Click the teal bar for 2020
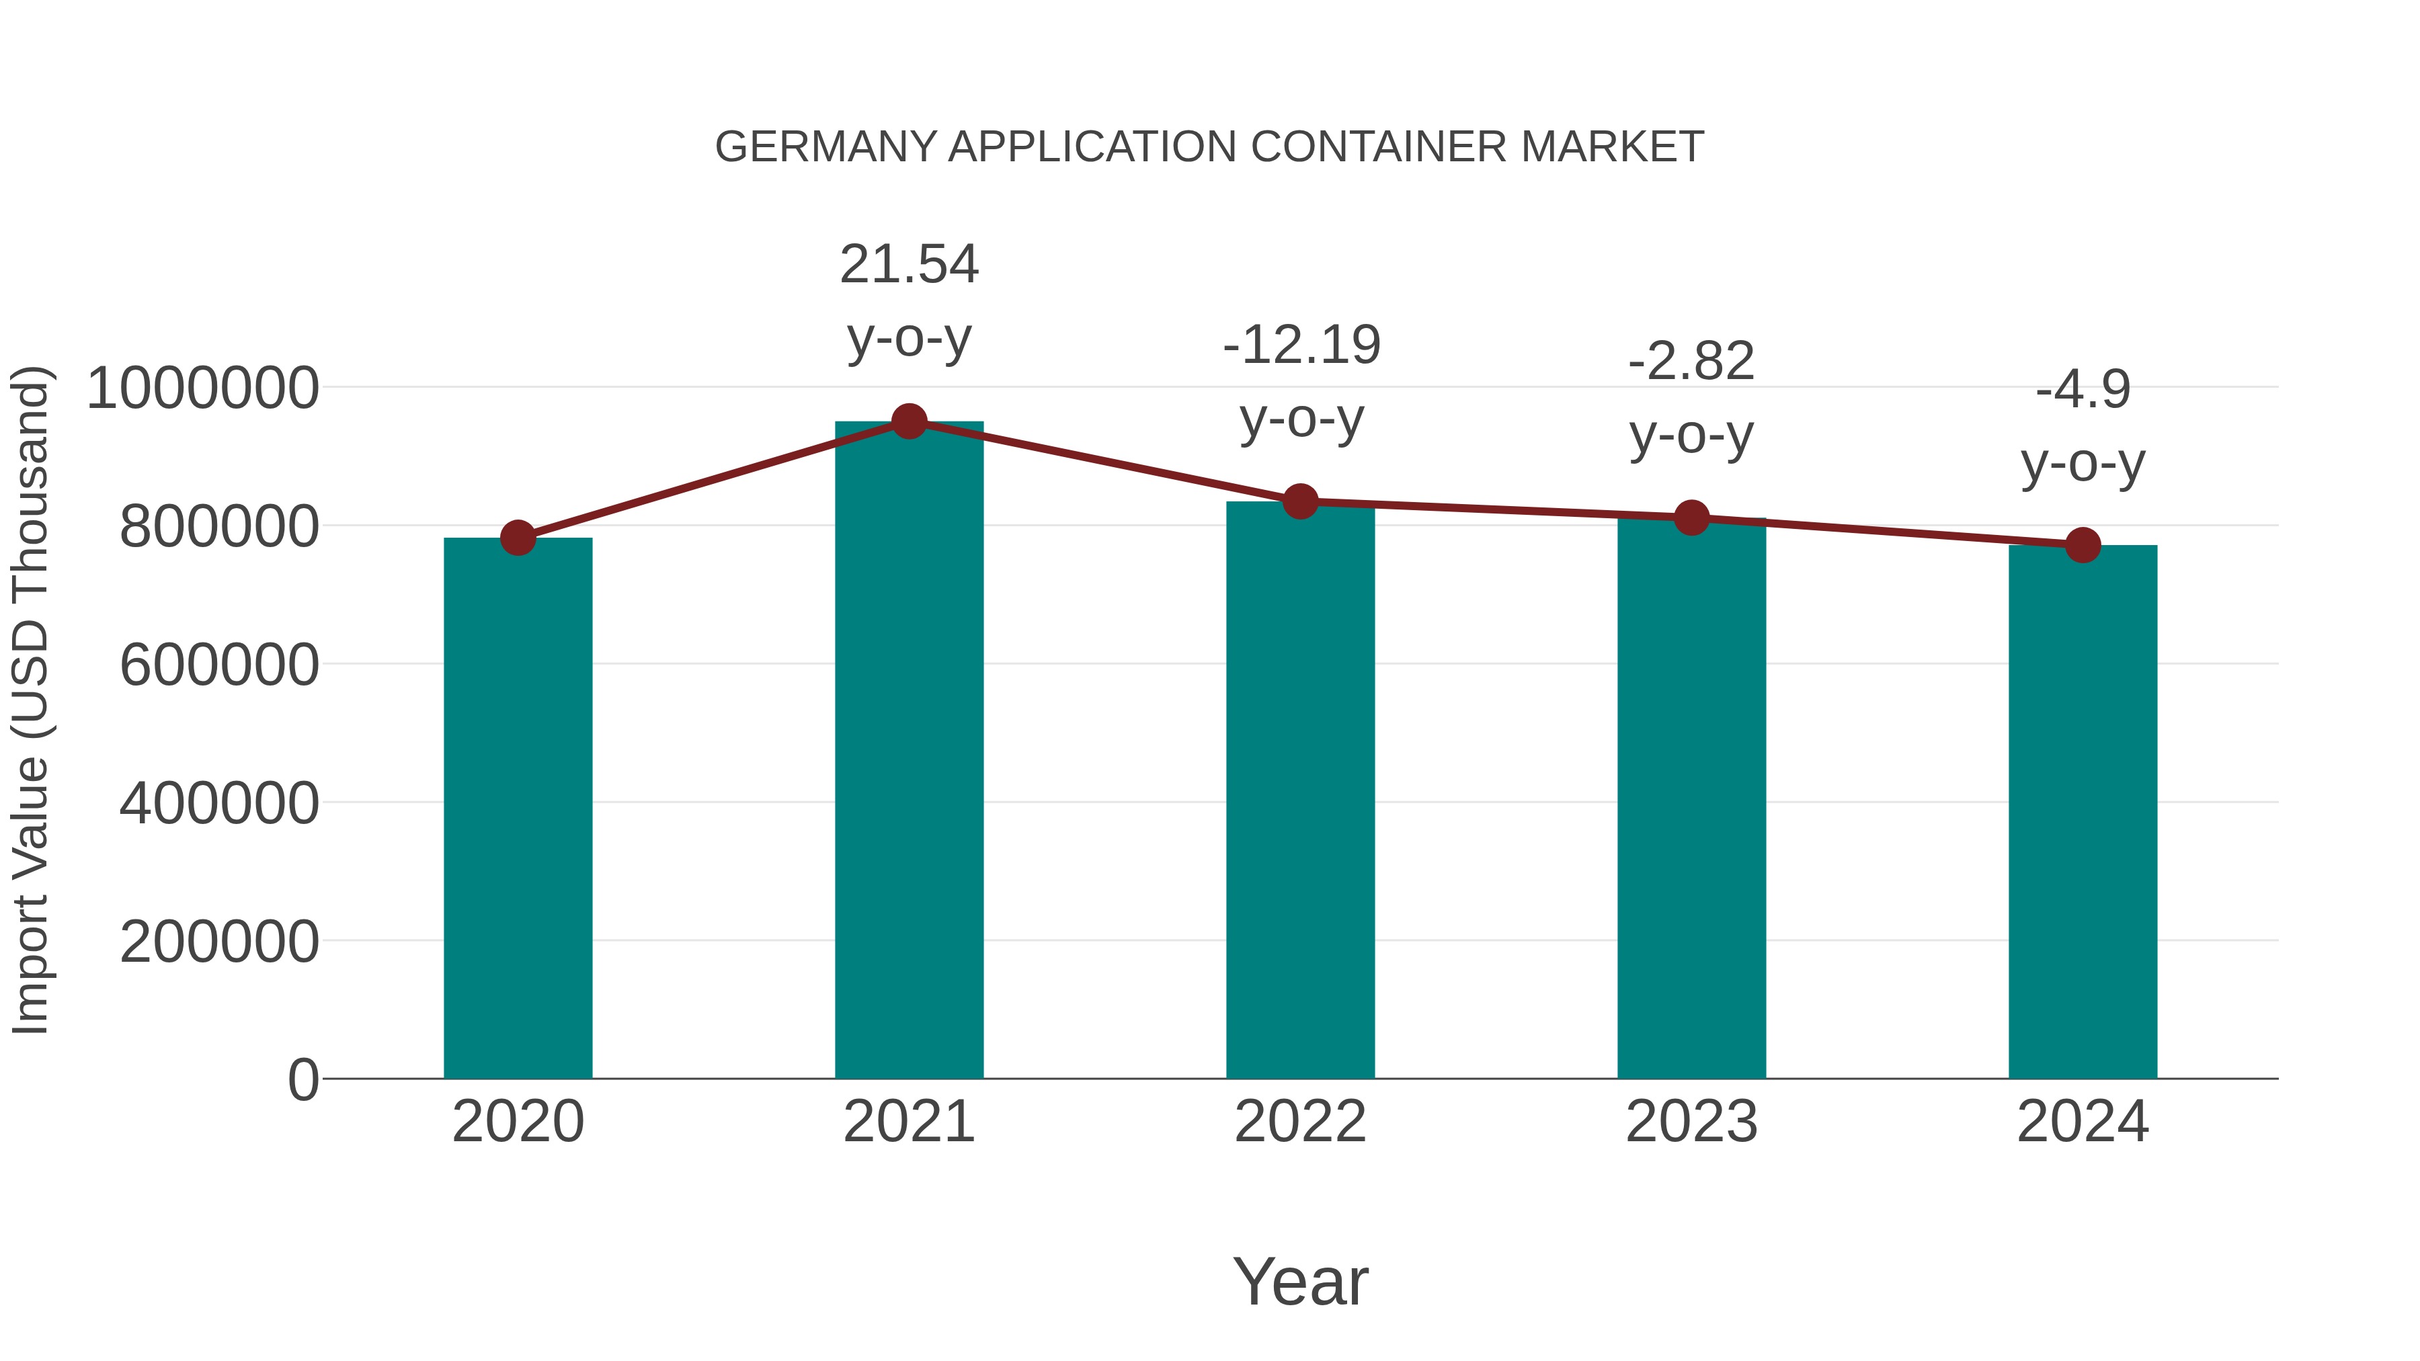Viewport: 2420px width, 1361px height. pyautogui.click(x=518, y=808)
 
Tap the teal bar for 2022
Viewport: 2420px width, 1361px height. pyautogui.click(x=1300, y=790)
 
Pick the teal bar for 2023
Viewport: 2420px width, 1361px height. pyautogui.click(x=1691, y=798)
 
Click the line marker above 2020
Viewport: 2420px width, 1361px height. pyautogui.click(x=518, y=538)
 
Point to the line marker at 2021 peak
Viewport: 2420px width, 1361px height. pyautogui.click(x=908, y=421)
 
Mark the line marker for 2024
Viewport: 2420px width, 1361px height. pyautogui.click(x=2083, y=545)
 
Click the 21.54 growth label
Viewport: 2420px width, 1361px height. pyautogui.click(x=908, y=265)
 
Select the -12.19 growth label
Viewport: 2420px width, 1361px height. pyautogui.click(x=1301, y=345)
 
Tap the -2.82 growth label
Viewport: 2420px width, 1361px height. pyautogui.click(x=1691, y=362)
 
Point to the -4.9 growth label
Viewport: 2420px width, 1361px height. pyautogui.click(x=2083, y=390)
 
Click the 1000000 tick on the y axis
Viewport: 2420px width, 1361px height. pyautogui.click(x=202, y=388)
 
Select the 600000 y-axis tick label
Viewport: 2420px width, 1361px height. pyautogui.click(x=219, y=665)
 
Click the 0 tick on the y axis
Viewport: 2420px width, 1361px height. pyautogui.click(x=302, y=1079)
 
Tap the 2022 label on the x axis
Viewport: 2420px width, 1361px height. pyautogui.click(x=1300, y=1122)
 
